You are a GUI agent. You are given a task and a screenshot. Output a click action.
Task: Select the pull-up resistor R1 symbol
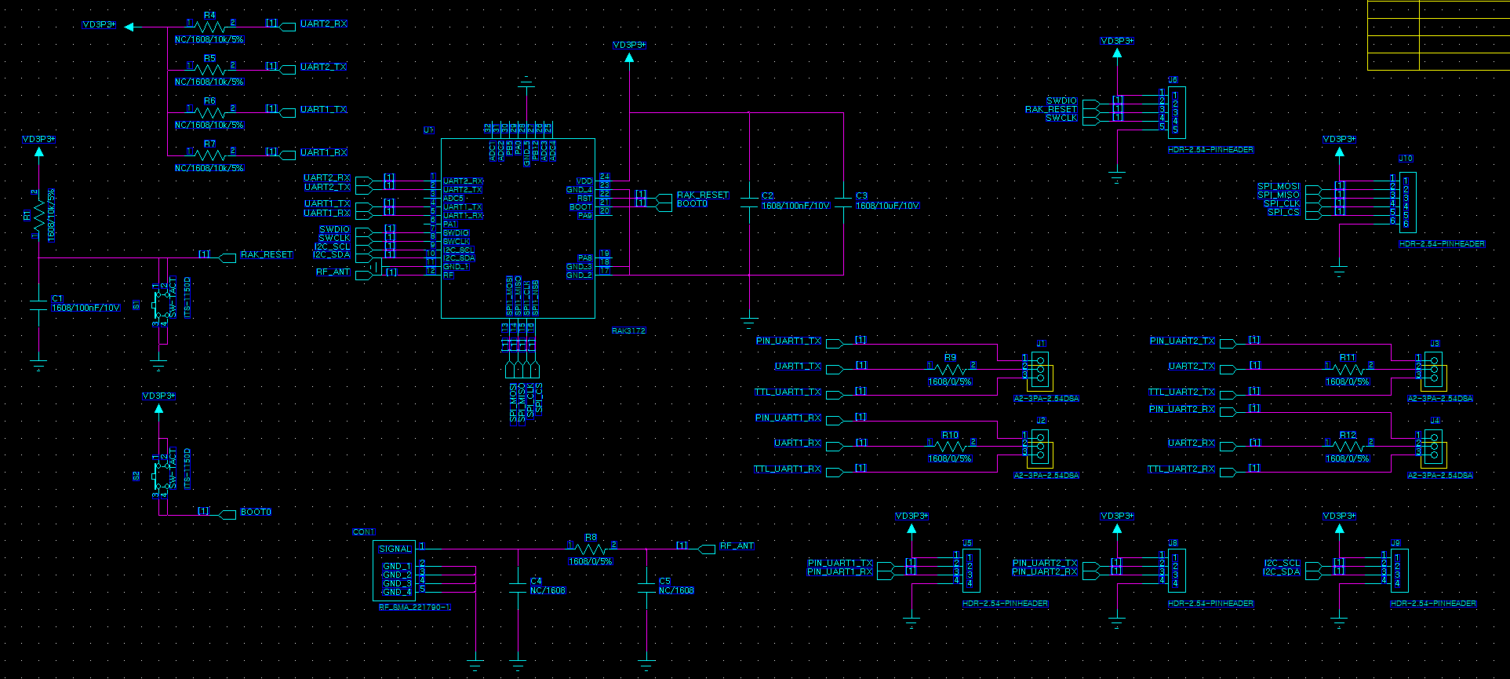click(x=39, y=213)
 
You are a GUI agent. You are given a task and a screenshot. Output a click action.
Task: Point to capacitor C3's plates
click(x=843, y=203)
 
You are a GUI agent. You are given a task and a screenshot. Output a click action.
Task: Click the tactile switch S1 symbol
click(x=159, y=302)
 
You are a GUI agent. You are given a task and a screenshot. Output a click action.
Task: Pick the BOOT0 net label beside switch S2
click(x=256, y=513)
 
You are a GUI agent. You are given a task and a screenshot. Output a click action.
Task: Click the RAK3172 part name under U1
click(x=628, y=331)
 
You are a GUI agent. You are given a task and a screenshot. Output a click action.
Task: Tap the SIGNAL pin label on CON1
click(x=395, y=549)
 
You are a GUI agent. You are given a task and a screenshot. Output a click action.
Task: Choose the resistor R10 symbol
click(x=950, y=446)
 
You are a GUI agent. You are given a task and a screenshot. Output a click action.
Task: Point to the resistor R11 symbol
click(x=1348, y=369)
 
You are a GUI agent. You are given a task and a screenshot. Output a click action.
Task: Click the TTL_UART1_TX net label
click(x=788, y=392)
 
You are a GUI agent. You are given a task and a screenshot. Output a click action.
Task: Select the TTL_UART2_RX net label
click(x=1181, y=469)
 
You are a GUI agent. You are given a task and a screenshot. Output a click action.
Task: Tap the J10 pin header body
click(x=1408, y=202)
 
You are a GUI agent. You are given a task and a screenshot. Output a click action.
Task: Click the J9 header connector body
click(x=1399, y=571)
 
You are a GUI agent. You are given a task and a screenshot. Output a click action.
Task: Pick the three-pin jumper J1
click(x=1041, y=369)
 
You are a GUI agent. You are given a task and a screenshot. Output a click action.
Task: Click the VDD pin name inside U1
click(x=584, y=181)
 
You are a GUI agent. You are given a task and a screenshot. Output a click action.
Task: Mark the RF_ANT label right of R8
click(x=737, y=546)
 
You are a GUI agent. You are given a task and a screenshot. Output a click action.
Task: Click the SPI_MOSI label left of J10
click(x=1279, y=187)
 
